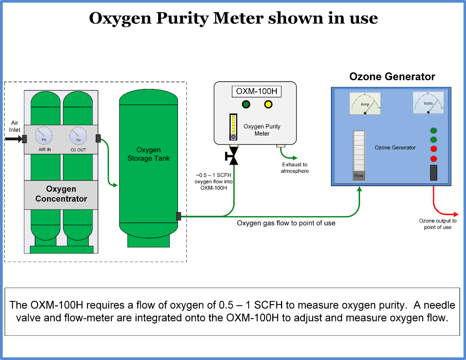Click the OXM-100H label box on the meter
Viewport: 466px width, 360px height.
[257, 91]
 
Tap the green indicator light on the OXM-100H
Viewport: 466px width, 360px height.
[246, 104]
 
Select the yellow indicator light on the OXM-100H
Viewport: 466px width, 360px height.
[268, 104]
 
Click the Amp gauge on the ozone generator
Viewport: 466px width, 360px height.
[365, 103]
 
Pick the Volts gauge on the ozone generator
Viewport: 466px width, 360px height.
[428, 103]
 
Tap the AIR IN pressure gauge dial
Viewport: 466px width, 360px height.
[44, 135]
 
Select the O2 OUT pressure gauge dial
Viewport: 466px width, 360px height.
[78, 136]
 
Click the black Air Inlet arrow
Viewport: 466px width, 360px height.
[13, 139]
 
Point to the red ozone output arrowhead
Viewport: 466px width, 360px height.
[456, 214]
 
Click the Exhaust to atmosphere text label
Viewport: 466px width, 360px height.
[295, 168]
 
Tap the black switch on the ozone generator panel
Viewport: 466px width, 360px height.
[433, 172]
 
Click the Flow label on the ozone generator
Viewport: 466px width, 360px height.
[359, 176]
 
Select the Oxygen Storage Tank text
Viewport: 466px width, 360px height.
[149, 154]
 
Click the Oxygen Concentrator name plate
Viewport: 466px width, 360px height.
[61, 194]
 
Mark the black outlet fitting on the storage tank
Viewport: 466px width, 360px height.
[179, 216]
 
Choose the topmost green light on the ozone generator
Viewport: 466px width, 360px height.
[433, 130]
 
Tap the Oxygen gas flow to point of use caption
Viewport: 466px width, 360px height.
[286, 223]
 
